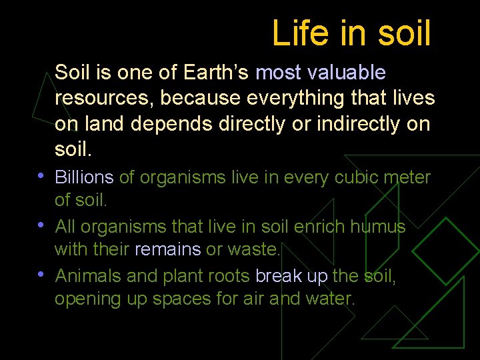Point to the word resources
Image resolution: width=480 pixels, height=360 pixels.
104,99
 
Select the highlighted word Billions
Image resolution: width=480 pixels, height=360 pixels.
84,177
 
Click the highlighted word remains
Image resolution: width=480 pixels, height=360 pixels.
167,249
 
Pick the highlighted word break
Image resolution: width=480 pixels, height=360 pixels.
279,276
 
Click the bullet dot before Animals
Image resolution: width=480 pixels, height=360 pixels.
42,275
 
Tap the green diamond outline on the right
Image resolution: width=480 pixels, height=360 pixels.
445,251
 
